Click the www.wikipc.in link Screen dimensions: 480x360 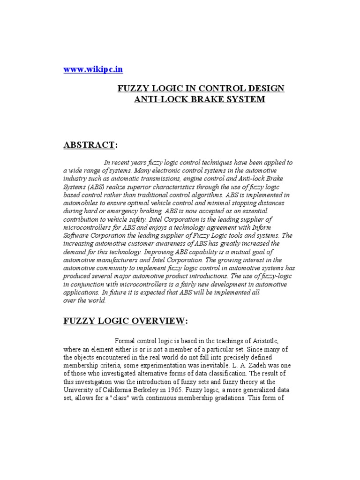(x=93, y=69)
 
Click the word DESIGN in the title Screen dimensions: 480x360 (x=265, y=89)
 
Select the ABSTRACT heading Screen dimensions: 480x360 (x=89, y=145)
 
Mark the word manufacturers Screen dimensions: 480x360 (x=119, y=260)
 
